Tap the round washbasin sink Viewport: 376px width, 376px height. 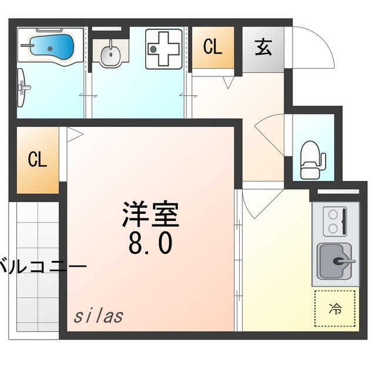(110, 55)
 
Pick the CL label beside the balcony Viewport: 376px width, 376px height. (38, 160)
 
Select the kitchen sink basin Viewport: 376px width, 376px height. (335, 260)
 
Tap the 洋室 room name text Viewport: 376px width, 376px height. (150, 215)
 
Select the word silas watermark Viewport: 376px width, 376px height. (98, 315)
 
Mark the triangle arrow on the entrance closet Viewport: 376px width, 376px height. (228, 83)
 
